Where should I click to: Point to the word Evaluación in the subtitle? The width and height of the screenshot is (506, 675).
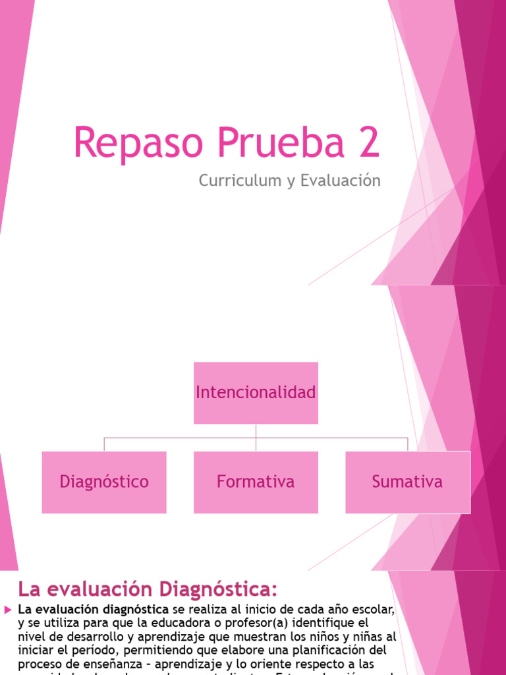pyautogui.click(x=340, y=181)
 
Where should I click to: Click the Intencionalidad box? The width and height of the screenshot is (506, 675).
pyautogui.click(x=256, y=393)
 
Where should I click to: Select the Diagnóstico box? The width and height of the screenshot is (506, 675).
pyautogui.click(x=104, y=482)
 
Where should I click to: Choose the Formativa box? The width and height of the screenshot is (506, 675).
pyautogui.click(x=256, y=482)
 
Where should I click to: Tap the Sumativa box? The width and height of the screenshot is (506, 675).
pyautogui.click(x=407, y=482)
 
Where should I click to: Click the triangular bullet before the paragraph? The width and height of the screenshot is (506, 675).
pyautogui.click(x=8, y=609)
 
